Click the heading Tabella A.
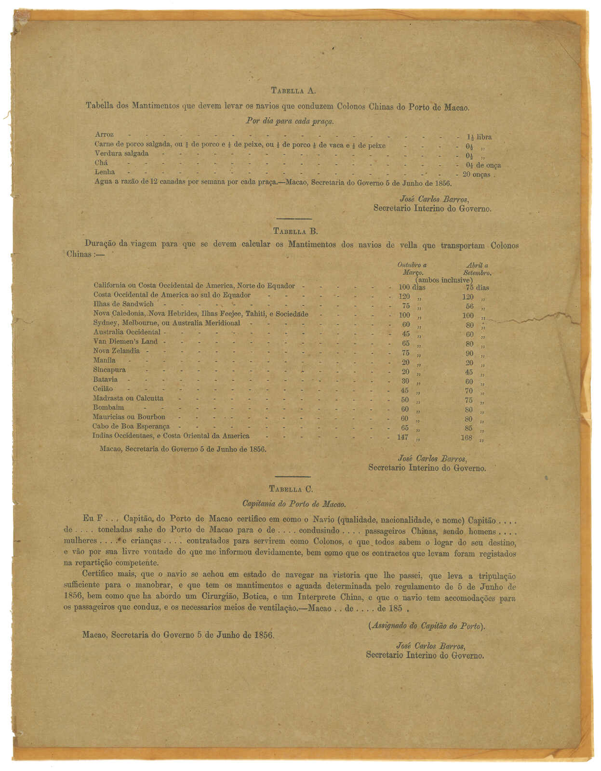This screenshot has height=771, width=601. (293, 91)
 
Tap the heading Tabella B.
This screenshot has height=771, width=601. (295, 231)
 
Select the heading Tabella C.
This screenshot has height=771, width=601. (291, 489)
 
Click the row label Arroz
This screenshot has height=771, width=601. (105, 134)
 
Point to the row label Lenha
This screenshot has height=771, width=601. (105, 172)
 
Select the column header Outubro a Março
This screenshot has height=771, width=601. (412, 268)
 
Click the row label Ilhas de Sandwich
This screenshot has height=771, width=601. (123, 304)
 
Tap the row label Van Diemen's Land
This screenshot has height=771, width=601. (125, 342)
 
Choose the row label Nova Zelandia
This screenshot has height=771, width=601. (117, 351)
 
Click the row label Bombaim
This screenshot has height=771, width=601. (108, 408)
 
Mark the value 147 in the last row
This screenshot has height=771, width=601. (402, 438)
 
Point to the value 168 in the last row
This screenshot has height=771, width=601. (467, 438)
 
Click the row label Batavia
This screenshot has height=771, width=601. (105, 380)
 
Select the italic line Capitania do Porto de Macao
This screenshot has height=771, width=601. (294, 504)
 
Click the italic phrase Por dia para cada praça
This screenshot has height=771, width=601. (290, 121)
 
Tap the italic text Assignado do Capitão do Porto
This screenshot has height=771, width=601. (427, 626)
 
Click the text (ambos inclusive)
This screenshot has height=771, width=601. (443, 280)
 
